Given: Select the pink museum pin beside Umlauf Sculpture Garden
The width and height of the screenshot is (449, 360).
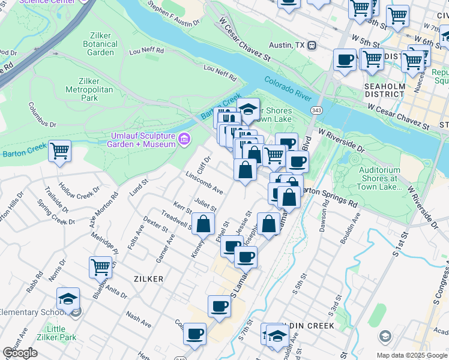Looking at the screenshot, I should pos(184,140).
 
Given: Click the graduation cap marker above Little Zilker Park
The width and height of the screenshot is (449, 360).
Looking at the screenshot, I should pos(68,298).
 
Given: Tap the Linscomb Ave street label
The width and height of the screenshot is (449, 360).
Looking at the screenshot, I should pos(204,184).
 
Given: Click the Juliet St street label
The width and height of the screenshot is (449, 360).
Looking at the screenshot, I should pos(205,204).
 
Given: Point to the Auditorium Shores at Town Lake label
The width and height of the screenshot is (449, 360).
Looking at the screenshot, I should pos(379,178).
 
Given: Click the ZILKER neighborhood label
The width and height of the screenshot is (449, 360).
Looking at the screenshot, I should pos(148,279).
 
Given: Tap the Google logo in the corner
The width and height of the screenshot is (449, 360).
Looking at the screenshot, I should pos(20,353).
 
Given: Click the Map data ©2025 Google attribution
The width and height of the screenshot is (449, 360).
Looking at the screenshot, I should pos(412,355).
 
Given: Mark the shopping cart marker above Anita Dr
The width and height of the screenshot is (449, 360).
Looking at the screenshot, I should pos(101,267).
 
